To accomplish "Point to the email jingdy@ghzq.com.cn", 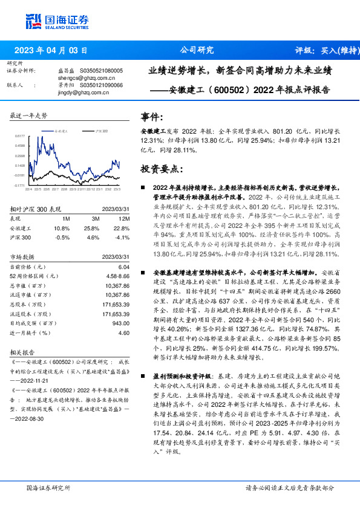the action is [82, 92].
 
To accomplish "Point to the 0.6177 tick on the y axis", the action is [20, 136].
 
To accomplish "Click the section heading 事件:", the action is [152, 117].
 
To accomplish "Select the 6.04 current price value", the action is [124, 267].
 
